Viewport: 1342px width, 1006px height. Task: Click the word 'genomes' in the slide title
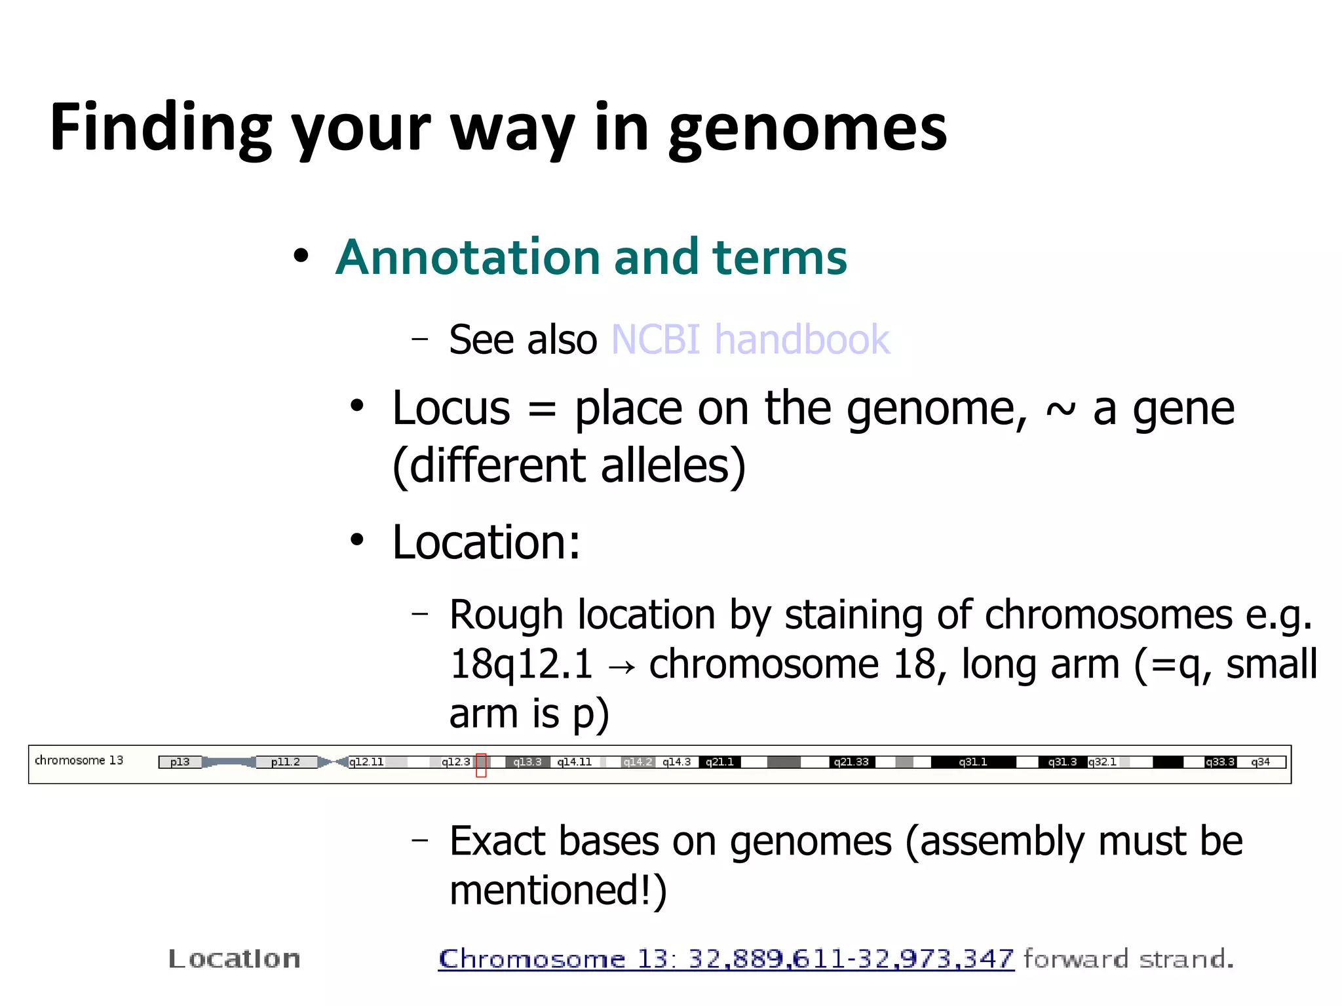point(807,128)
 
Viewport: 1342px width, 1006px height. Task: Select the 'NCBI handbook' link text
point(750,339)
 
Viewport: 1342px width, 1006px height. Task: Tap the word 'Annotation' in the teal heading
point(469,257)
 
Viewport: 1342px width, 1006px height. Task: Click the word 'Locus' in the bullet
point(451,408)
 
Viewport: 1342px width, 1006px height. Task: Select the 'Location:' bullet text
point(486,543)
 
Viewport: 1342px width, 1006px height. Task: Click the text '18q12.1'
point(521,664)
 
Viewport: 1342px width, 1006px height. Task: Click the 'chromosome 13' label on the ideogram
point(79,760)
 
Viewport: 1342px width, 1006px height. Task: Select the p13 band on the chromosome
point(180,762)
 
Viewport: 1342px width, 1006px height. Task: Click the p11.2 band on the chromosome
point(285,762)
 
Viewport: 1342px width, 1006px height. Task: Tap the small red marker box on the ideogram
point(481,765)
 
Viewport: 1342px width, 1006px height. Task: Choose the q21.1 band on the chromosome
point(719,762)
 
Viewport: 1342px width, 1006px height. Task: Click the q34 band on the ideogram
point(1260,762)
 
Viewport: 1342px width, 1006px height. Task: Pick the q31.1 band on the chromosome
point(972,762)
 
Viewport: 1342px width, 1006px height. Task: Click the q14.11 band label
point(574,762)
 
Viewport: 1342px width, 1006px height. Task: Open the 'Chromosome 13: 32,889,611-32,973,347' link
point(725,959)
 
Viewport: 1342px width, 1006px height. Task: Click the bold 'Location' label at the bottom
point(234,959)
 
